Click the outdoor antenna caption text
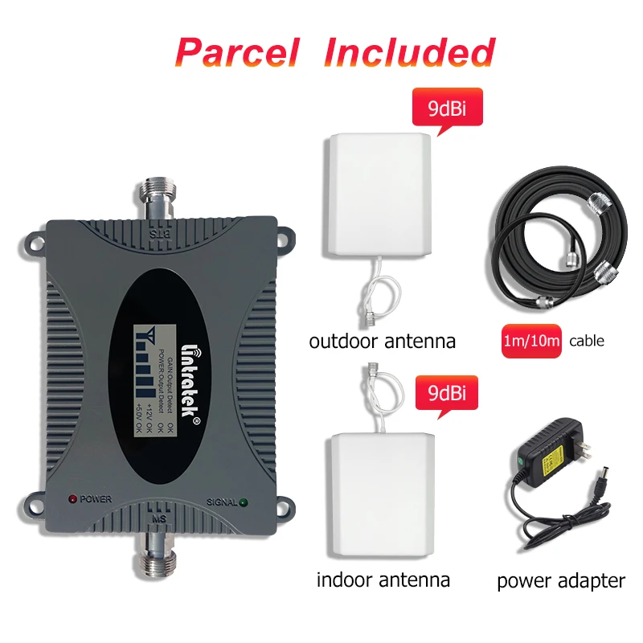[x=382, y=342]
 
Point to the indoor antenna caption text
[x=383, y=579]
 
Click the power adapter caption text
[x=560, y=580]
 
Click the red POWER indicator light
[x=72, y=499]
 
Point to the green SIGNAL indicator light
[x=243, y=504]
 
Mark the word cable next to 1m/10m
[x=587, y=342]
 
